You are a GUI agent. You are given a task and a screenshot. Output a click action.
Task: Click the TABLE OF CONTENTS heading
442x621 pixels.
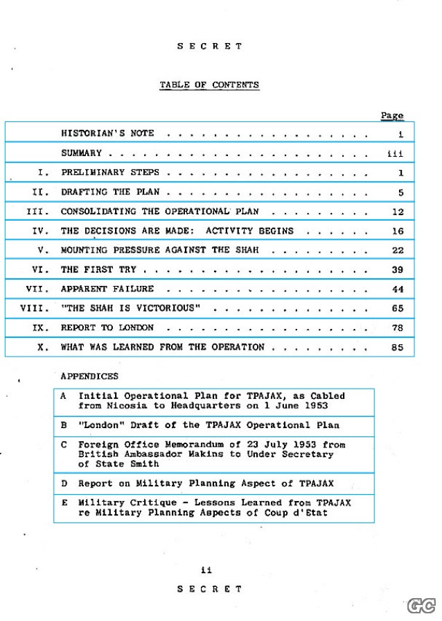coord(209,85)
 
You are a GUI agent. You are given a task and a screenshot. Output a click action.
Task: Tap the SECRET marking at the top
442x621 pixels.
coord(209,46)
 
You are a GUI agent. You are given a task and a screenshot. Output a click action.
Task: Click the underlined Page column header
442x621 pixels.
coord(391,115)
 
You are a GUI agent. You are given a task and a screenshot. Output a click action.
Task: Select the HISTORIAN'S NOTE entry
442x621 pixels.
coord(107,133)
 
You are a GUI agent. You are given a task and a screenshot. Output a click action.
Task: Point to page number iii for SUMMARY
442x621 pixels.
coord(396,153)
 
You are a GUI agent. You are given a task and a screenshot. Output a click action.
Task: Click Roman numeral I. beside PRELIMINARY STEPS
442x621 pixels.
coord(44,173)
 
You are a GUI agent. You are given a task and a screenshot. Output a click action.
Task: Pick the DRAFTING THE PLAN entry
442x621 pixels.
coord(111,192)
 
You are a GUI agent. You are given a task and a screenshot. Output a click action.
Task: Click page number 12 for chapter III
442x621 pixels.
coord(397,212)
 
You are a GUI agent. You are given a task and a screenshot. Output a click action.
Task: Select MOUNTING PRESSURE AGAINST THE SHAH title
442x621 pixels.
coord(159,250)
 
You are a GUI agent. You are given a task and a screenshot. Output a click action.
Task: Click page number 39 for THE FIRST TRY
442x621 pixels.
coord(397,270)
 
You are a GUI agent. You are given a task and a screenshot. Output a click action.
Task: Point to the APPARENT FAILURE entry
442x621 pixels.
coord(107,289)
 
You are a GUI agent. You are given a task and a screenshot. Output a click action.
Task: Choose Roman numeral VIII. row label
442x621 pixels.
coord(35,308)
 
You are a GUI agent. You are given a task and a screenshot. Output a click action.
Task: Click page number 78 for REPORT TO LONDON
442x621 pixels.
coord(397,327)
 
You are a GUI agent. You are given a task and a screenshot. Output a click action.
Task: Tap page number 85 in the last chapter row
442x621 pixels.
coord(397,347)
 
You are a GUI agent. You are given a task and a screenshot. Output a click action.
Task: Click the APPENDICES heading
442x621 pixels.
coord(89,376)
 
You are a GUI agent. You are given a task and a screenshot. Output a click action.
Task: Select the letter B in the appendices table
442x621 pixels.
coord(64,425)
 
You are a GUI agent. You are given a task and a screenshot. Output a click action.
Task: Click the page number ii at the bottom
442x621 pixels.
coord(206,570)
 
